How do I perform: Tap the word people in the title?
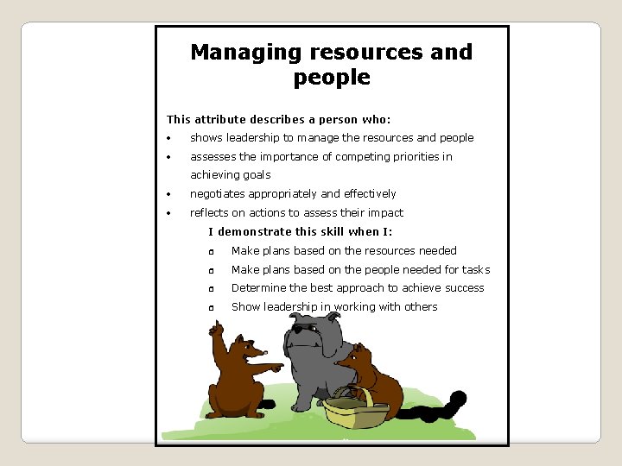click(x=332, y=78)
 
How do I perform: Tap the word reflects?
click(x=209, y=213)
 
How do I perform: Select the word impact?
click(x=385, y=213)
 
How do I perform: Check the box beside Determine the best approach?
click(x=210, y=289)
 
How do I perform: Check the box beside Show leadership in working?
click(x=210, y=308)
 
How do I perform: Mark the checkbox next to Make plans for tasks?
click(x=210, y=271)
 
